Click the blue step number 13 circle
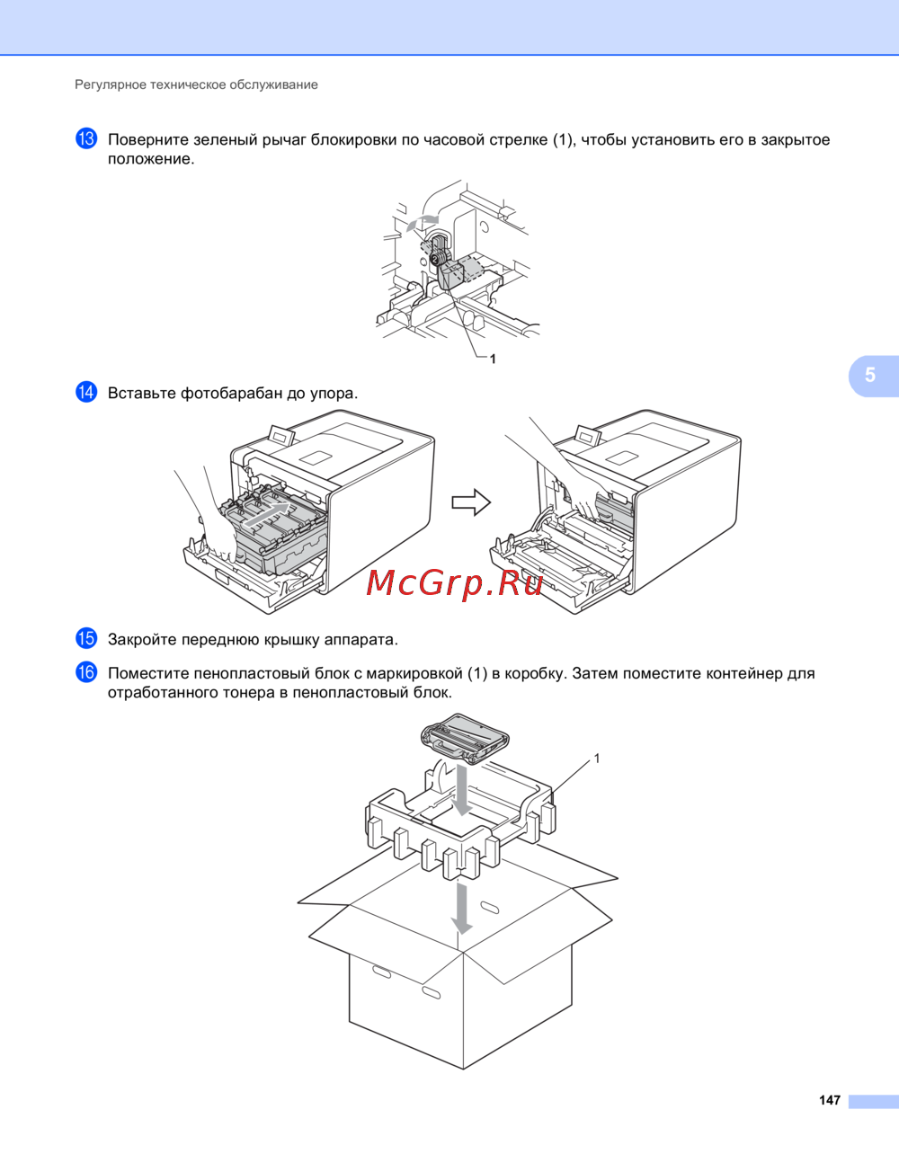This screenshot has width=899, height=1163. pyautogui.click(x=86, y=138)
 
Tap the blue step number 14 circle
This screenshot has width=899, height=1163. pyautogui.click(x=86, y=392)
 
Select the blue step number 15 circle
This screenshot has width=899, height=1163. pyautogui.click(x=86, y=638)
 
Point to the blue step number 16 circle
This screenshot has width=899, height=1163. pyautogui.click(x=86, y=672)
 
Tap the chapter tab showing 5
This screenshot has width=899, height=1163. pyautogui.click(x=873, y=375)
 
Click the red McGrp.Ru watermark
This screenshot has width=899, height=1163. pyautogui.click(x=455, y=583)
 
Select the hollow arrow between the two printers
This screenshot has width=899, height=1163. pyautogui.click(x=471, y=502)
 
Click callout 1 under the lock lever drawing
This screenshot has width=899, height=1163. pyautogui.click(x=493, y=360)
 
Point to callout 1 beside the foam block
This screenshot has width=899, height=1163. pyautogui.click(x=597, y=759)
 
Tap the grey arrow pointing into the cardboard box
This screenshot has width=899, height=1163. pyautogui.click(x=462, y=909)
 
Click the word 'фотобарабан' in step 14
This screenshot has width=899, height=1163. pyautogui.click(x=232, y=394)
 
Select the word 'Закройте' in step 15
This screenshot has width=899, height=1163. pyautogui.click(x=142, y=640)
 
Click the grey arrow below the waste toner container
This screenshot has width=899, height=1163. pyautogui.click(x=461, y=790)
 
